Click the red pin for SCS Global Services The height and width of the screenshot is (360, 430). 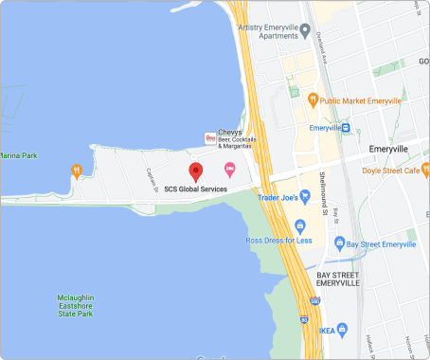[x=196, y=171]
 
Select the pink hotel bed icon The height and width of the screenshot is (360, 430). [x=229, y=170]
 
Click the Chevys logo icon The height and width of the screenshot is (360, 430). [x=210, y=138]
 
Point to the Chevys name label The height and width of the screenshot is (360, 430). [x=231, y=132]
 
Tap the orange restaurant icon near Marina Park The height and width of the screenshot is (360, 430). [x=77, y=171]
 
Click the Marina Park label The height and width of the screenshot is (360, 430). [x=18, y=154]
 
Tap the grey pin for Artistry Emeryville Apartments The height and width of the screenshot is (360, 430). [x=305, y=30]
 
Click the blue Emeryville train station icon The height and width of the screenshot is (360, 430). [x=347, y=128]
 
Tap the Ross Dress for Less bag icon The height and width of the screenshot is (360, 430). [x=300, y=225]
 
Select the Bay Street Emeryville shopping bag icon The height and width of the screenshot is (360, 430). [x=338, y=244]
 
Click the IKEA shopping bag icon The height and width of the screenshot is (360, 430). [x=342, y=330]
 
